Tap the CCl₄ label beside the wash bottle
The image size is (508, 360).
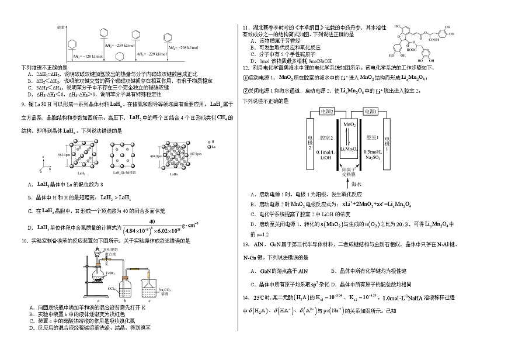[112, 288]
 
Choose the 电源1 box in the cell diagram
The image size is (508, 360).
[369, 111]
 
